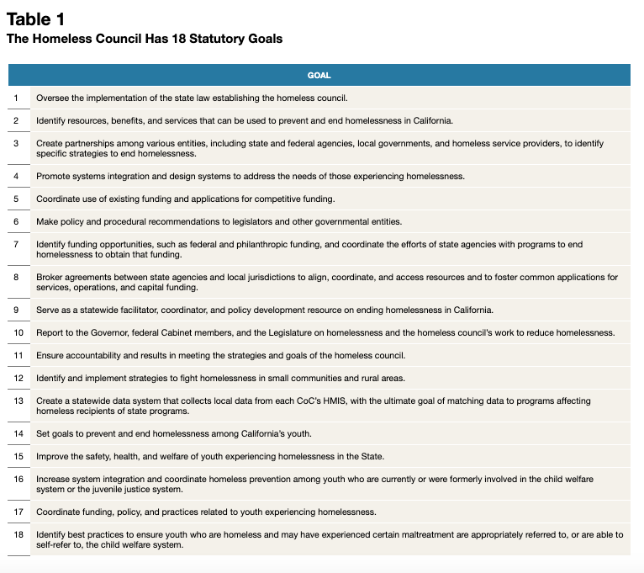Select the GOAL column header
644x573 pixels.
click(319, 75)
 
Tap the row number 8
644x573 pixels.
click(16, 277)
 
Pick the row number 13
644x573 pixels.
click(18, 401)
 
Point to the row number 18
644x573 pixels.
click(18, 534)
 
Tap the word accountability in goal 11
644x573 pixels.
click(92, 355)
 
